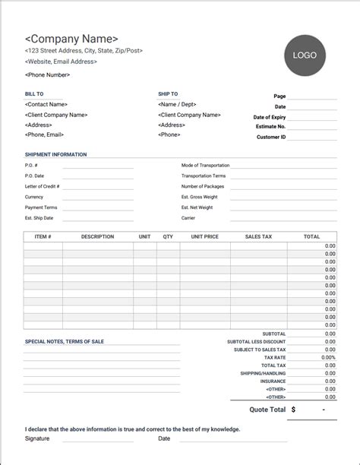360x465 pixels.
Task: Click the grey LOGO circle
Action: tap(305, 55)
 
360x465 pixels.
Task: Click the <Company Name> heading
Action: tap(71, 39)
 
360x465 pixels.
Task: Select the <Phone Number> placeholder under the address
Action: tap(47, 74)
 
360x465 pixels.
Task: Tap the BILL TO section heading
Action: tap(34, 94)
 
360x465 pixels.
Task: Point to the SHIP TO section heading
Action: tap(168, 94)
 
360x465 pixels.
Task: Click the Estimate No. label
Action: tap(270, 127)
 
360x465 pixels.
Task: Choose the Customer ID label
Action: tap(271, 137)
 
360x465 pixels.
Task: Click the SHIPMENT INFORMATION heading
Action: tap(55, 154)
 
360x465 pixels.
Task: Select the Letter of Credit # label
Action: tap(42, 186)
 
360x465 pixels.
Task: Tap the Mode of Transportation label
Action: tap(204, 165)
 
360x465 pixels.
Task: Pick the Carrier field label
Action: tap(188, 218)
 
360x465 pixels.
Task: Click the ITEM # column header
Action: tap(43, 237)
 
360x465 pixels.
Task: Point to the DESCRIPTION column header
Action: tap(97, 237)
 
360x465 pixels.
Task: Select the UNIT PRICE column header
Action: tap(205, 237)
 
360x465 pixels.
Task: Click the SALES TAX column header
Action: tap(258, 237)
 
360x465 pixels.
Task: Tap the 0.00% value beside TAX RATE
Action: tap(328, 357)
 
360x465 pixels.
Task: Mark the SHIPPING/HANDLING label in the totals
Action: tap(262, 373)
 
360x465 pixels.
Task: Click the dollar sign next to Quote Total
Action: tap(293, 409)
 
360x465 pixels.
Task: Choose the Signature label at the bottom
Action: tap(37, 438)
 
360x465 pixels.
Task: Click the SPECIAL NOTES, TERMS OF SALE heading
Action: tap(65, 342)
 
